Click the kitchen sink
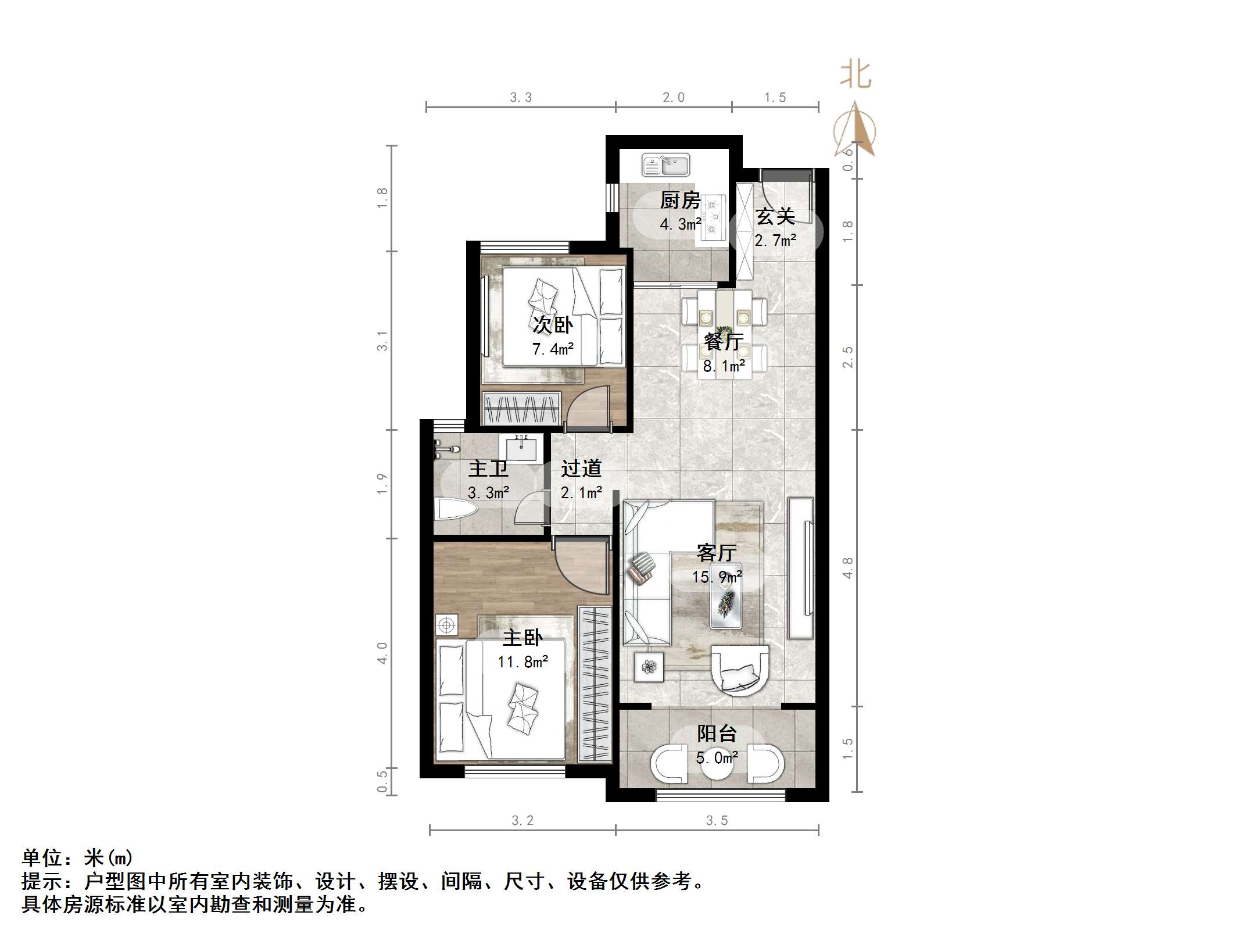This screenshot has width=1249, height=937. tap(665, 165)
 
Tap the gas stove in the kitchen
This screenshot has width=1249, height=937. tap(714, 218)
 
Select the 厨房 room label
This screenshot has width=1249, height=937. tap(679, 201)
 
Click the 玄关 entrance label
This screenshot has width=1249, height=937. tap(775, 216)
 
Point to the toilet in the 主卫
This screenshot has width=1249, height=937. tap(456, 510)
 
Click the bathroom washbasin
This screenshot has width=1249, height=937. tap(521, 449)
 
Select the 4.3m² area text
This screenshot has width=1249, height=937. tap(680, 224)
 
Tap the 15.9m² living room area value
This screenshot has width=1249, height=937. tap(717, 577)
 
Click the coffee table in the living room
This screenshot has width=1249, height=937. tap(726, 596)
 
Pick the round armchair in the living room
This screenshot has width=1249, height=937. tap(740, 670)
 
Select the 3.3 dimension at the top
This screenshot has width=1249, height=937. tap(521, 98)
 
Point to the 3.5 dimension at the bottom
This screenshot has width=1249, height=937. tap(717, 820)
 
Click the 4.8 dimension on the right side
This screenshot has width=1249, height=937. tap(848, 567)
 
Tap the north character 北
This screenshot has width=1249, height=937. tap(856, 75)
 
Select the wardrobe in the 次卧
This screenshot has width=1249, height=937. tap(521, 408)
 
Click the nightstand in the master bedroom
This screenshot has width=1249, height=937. tap(446, 625)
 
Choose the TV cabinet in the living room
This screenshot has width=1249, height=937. tap(800, 568)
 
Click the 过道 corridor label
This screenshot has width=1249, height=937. tap(581, 468)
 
